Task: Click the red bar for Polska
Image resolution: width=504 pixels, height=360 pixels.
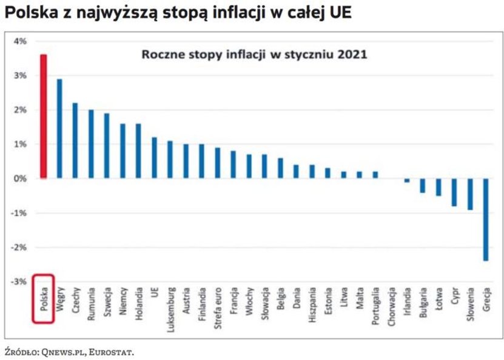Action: tap(43, 116)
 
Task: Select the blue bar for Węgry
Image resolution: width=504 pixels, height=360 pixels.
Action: tap(59, 128)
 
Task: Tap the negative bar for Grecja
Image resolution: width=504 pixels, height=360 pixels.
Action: tap(486, 219)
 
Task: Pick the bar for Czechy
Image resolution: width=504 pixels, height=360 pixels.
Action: tap(75, 140)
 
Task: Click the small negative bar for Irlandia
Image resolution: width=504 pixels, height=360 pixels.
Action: tap(407, 180)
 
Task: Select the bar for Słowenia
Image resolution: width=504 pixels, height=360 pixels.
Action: tap(470, 194)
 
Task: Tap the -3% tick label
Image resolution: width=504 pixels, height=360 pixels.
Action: tap(21, 282)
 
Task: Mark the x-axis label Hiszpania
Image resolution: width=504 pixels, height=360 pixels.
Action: tap(312, 303)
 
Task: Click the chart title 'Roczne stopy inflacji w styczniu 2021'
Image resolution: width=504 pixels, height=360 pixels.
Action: tap(254, 55)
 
